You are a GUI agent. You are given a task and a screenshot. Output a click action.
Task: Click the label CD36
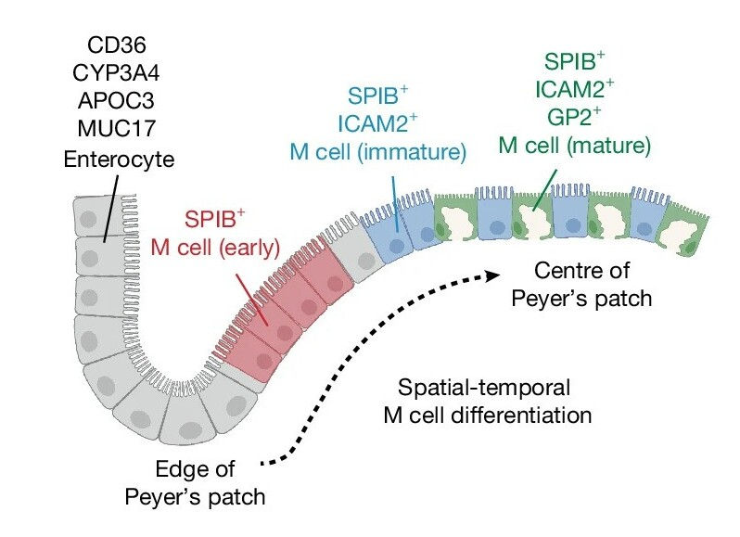click(118, 44)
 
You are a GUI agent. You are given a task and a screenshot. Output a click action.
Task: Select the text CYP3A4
click(118, 72)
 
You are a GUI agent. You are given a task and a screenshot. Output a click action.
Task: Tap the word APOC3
click(118, 101)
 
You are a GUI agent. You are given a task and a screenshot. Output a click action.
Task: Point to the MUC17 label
click(118, 130)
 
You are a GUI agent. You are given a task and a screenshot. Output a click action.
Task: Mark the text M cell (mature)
click(574, 145)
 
